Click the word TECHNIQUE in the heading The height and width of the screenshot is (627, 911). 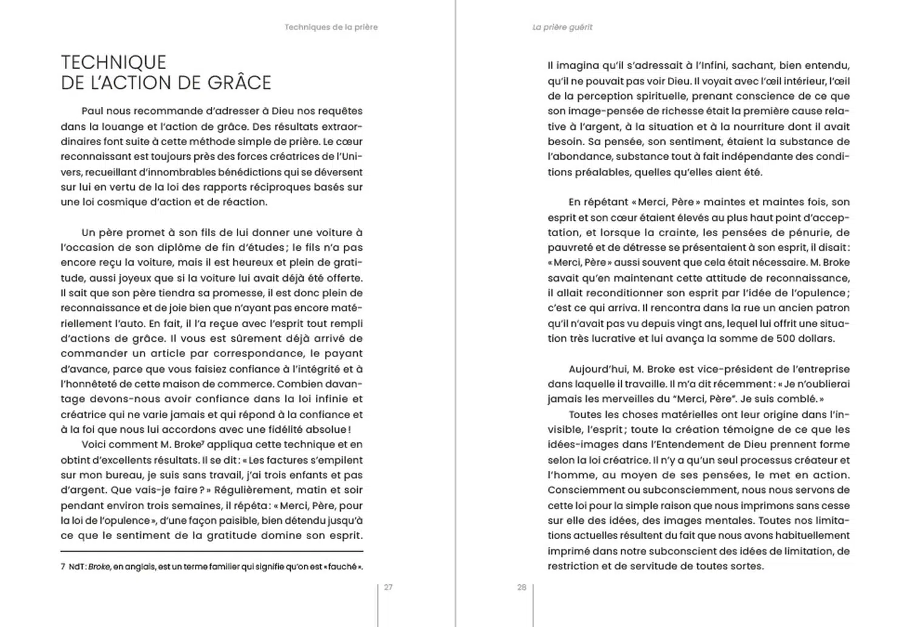pos(114,63)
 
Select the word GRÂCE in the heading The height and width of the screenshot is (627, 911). pos(241,83)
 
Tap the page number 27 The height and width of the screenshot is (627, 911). pos(388,588)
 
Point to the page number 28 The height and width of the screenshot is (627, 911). pos(522,588)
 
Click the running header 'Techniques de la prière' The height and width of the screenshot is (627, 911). pos(331,27)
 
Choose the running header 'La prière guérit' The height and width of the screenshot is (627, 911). pos(562,27)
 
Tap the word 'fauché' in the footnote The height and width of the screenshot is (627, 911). pos(342,567)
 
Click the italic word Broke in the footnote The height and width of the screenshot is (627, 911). pos(99,567)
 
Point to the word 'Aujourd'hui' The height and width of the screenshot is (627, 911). pos(597,369)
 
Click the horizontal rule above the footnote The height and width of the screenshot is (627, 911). pos(212,551)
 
